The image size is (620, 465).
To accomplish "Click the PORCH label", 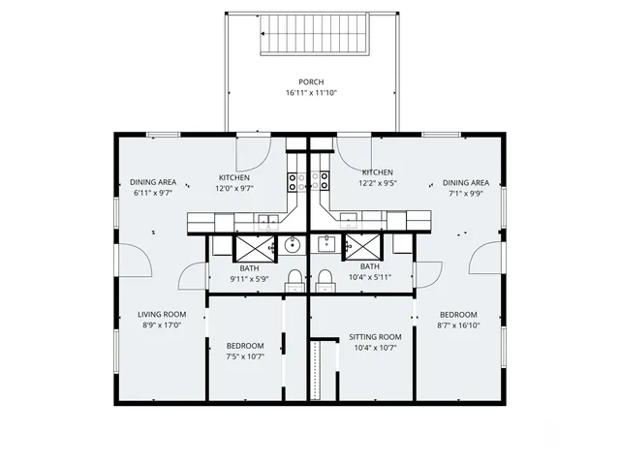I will tap(310, 81).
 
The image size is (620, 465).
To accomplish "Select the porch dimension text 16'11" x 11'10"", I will tap(310, 93).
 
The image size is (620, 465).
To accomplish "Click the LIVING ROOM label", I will tap(161, 314).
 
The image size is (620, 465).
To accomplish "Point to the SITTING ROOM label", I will tap(375, 337).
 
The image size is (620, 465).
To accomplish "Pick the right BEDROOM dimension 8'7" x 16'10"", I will tap(458, 325).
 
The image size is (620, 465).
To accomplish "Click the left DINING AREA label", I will tap(153, 181).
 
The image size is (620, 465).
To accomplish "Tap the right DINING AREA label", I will tap(465, 182).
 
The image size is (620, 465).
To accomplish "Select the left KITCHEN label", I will tap(234, 177).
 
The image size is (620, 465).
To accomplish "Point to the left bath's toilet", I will tap(294, 280).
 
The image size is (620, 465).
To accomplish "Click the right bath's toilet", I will tap(324, 280).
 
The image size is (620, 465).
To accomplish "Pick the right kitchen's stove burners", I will tap(324, 181).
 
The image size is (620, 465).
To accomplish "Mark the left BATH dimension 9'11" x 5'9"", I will tap(249, 279).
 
